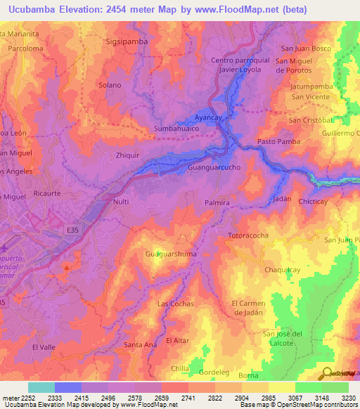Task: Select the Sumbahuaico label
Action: tap(176, 129)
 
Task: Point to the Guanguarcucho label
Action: tap(215, 169)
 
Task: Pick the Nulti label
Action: tap(120, 203)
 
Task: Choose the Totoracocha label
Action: tap(248, 235)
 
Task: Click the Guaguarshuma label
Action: tap(170, 253)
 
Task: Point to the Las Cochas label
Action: tap(176, 304)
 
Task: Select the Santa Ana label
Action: tap(140, 344)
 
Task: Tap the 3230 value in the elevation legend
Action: tap(348, 398)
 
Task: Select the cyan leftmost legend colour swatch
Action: tap(41, 387)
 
